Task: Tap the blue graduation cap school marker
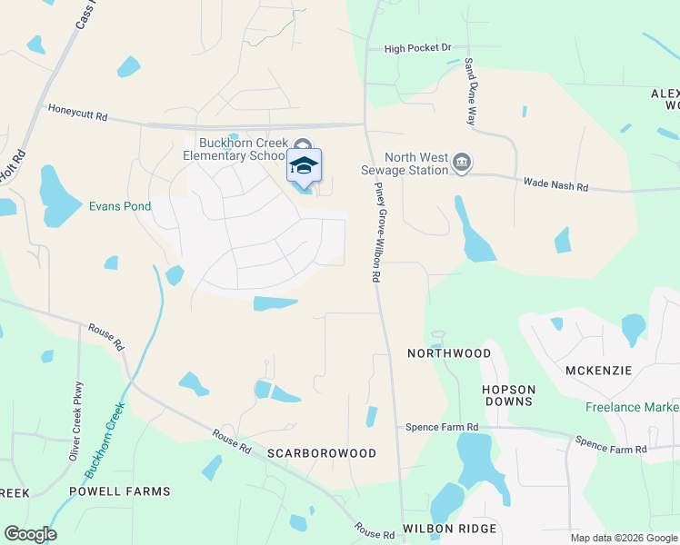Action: pos(305,166)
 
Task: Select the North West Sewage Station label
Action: pos(417,163)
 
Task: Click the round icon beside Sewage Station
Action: pos(462,163)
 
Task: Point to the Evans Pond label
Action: pos(119,206)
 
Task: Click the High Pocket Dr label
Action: pos(417,48)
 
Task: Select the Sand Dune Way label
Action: pos(471,92)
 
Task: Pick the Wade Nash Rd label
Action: pos(555,185)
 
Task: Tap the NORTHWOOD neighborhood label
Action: pos(449,352)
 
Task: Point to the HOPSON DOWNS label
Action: pos(508,395)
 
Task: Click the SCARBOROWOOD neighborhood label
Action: pos(322,452)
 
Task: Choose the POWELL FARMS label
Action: pos(120,491)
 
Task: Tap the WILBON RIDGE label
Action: pos(450,529)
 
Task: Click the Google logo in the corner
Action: pos(30,534)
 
